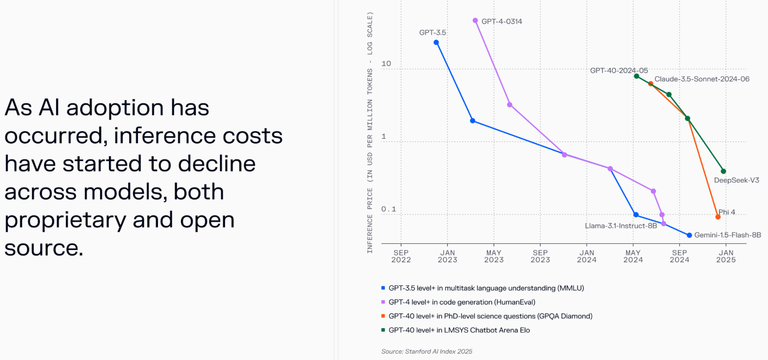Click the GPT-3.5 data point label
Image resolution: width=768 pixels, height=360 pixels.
coord(432,33)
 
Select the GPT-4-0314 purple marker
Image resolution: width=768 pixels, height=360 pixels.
coord(475,21)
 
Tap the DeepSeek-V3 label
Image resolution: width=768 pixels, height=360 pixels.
coord(736,180)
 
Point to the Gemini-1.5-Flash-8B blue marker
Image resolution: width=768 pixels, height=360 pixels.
coord(689,235)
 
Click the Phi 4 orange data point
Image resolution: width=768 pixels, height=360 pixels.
coord(718,217)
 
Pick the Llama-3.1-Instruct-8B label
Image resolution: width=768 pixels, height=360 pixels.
coord(621,226)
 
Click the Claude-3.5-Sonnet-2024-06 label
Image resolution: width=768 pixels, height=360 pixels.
coord(702,79)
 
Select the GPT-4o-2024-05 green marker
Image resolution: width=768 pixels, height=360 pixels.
coord(636,76)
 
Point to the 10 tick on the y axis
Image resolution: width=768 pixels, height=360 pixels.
coord(386,64)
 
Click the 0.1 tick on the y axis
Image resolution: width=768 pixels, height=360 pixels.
coord(388,209)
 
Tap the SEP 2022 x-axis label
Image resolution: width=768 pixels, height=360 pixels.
coord(401,256)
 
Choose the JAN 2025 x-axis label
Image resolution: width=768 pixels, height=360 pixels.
coord(726,256)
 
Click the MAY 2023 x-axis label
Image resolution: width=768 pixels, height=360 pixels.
coord(494,256)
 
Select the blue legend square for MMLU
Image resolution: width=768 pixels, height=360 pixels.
coord(383,288)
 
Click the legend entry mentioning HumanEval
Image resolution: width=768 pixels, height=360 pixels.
coord(462,302)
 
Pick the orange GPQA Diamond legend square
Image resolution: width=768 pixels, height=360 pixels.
coord(383,316)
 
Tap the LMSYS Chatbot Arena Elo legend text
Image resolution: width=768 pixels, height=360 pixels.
coord(459,330)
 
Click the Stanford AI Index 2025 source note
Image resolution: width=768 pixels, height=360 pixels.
coord(427,351)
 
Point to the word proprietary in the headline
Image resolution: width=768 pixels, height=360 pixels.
coord(65,220)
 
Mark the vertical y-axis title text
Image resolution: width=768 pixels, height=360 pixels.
coord(370,132)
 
